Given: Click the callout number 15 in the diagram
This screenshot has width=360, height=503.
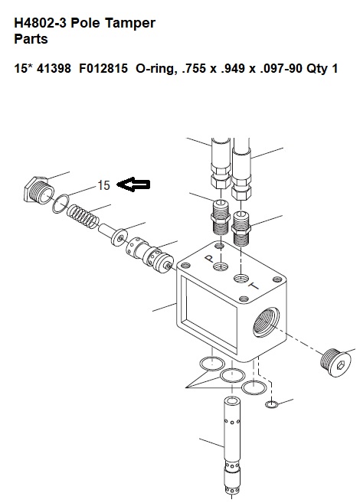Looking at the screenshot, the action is point(103,185).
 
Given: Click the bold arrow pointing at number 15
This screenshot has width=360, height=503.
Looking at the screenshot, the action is point(133,185).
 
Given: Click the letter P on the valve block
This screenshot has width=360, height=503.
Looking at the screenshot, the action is point(209,258).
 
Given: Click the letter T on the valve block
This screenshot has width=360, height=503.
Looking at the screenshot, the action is point(254,286).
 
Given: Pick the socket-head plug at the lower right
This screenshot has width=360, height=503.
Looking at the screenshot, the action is point(335,362).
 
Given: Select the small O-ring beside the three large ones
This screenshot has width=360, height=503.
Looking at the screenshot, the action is point(272,404).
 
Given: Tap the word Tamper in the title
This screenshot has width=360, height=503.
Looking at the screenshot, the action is point(130,23).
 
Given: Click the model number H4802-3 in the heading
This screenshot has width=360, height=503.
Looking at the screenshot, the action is point(41,23).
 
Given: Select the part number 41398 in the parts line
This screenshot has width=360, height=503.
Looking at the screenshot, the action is point(54,68).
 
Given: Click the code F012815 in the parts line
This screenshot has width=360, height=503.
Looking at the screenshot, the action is point(103,68).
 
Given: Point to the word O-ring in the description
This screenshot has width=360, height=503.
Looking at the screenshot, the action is point(156,69).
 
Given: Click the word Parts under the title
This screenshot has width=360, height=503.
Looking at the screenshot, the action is point(31,39).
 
